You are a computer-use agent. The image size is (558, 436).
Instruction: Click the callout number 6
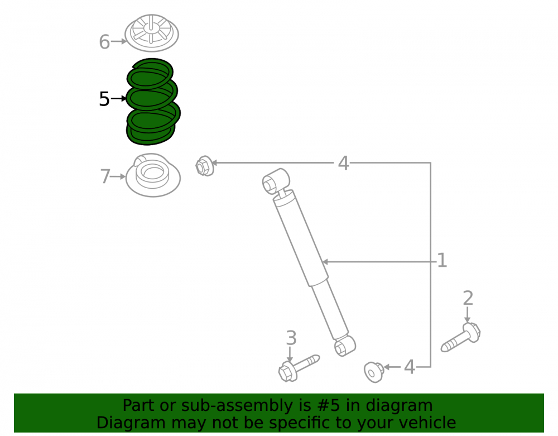(104, 42)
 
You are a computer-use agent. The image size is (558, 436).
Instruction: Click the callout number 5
(104, 99)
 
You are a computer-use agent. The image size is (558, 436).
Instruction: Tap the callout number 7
(105, 176)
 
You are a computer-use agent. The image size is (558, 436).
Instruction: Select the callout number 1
(441, 261)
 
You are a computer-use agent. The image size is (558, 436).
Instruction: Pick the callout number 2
(468, 298)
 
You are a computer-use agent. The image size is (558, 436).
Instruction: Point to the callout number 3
(291, 338)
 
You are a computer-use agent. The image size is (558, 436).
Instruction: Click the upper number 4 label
(343, 163)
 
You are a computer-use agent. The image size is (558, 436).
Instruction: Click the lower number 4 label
(409, 367)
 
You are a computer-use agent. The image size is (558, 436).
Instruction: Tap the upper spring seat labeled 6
(152, 33)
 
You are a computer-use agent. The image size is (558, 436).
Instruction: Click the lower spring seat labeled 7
(153, 175)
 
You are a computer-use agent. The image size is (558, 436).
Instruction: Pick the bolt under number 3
(298, 368)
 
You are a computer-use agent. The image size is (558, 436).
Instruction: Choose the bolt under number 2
(461, 337)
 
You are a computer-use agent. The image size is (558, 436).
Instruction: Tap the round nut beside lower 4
(374, 372)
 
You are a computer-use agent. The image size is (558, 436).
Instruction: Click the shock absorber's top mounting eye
(275, 181)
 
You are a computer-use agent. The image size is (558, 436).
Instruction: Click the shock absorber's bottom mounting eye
(345, 346)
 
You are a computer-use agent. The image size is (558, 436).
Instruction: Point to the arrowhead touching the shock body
(325, 262)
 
